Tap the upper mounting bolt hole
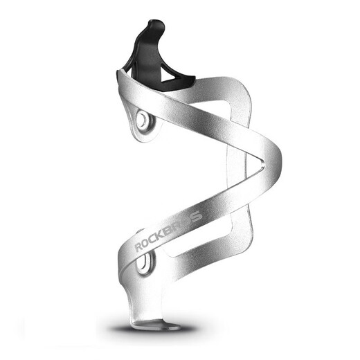143,119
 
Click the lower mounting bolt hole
145,264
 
